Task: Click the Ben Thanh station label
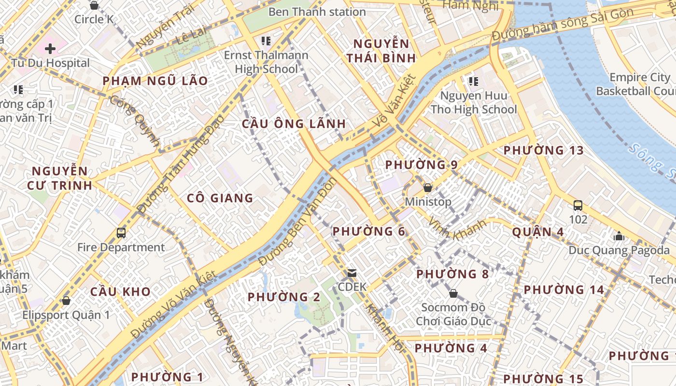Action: coord(317,12)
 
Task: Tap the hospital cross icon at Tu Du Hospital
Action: coord(50,48)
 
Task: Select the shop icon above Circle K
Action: coord(94,5)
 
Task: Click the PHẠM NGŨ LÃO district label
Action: coord(155,81)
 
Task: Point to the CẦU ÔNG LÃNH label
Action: coord(294,124)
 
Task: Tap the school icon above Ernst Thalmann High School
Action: coord(266,41)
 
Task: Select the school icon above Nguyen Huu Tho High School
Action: coord(473,82)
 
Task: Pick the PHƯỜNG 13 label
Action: coord(543,150)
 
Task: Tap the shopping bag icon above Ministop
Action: coord(428,188)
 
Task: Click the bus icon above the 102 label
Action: coord(578,206)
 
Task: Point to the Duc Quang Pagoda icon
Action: coord(619,236)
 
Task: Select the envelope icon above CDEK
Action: coord(352,273)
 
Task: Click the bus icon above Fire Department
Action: coord(121,233)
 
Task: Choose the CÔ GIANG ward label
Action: coord(220,198)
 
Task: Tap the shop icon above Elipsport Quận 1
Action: coord(66,301)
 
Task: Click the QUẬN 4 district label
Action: coord(537,232)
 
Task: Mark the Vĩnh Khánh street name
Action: coord(457,229)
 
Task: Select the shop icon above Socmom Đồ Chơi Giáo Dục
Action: coord(453,293)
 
